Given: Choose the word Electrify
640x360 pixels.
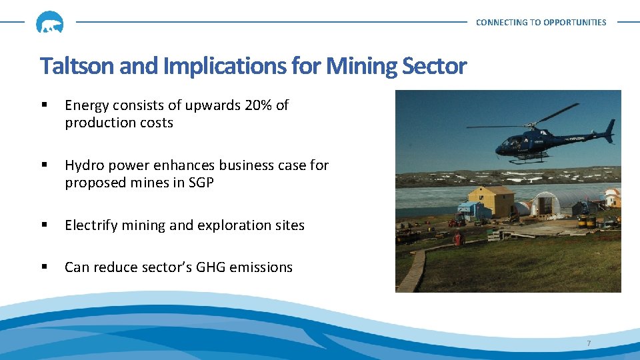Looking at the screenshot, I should (89, 225).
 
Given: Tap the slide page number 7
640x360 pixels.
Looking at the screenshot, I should (589, 343).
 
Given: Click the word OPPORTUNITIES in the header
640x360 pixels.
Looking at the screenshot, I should (575, 23).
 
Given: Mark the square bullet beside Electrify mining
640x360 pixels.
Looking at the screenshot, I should (45, 225).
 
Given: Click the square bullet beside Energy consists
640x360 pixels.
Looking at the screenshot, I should (45, 105).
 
